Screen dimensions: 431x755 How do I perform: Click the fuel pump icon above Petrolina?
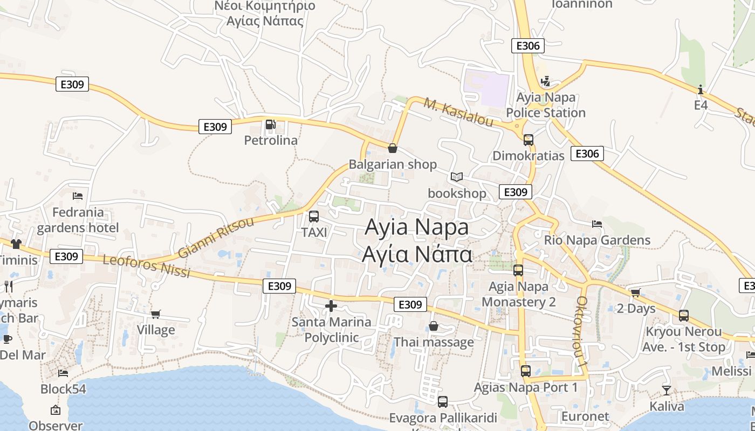[x=270, y=125]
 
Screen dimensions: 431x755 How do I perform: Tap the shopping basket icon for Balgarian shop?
[x=393, y=148]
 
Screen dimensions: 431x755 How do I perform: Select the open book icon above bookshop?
[x=457, y=177]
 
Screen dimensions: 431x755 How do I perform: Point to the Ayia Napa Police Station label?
[x=546, y=105]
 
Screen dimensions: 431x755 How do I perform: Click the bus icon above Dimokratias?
[x=528, y=140]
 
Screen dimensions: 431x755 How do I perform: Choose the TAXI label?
[x=314, y=233]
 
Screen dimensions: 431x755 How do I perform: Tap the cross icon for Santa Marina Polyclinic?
[x=331, y=307]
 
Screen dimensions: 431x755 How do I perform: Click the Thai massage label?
[x=434, y=342]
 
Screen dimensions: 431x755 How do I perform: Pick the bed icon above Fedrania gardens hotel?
[x=78, y=196]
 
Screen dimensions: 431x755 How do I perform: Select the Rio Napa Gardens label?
[x=597, y=240]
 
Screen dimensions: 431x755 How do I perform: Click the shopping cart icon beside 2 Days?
[x=635, y=293]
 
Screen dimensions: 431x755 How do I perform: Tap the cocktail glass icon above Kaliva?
[x=667, y=390]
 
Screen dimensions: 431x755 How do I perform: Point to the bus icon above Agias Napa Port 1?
[x=526, y=371]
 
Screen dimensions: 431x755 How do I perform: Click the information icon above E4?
[x=701, y=89]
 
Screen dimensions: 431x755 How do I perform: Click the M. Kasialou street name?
[x=458, y=113]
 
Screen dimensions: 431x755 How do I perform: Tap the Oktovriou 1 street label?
[x=581, y=332]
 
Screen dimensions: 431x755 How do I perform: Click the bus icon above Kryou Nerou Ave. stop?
[x=684, y=316]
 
